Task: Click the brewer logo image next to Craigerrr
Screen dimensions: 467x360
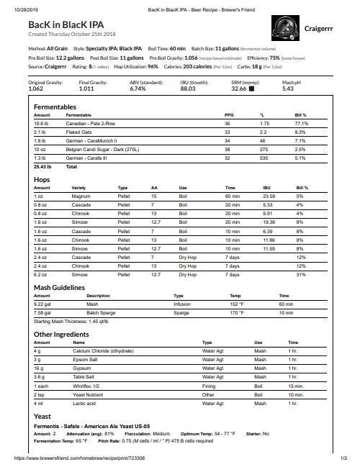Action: click(x=289, y=30)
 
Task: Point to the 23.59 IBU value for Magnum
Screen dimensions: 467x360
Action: click(x=268, y=196)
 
